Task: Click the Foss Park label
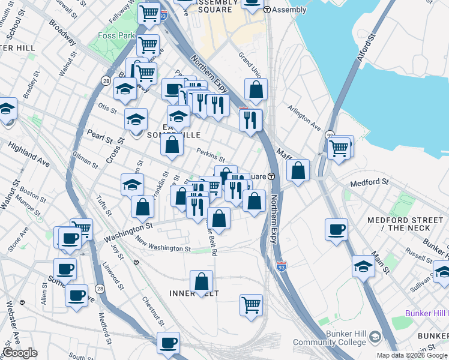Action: click(x=116, y=35)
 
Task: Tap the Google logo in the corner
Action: click(x=20, y=353)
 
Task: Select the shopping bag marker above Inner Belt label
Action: click(x=202, y=281)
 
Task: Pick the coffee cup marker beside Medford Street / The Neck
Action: click(x=336, y=229)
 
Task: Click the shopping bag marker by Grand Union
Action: click(x=256, y=90)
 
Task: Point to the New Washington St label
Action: click(x=163, y=245)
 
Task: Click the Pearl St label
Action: click(x=96, y=133)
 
